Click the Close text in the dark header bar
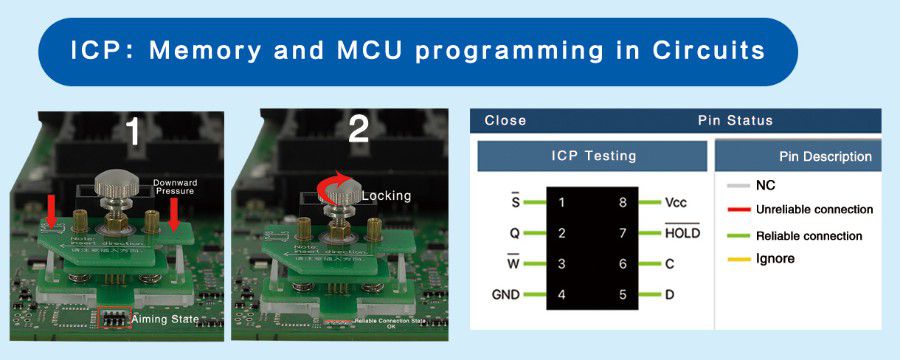(x=505, y=120)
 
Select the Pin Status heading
(x=735, y=120)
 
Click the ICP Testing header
(x=593, y=156)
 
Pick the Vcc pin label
(x=675, y=202)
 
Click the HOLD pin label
(x=682, y=233)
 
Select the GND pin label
(x=505, y=295)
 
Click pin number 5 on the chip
(x=622, y=295)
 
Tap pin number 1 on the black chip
(x=562, y=202)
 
